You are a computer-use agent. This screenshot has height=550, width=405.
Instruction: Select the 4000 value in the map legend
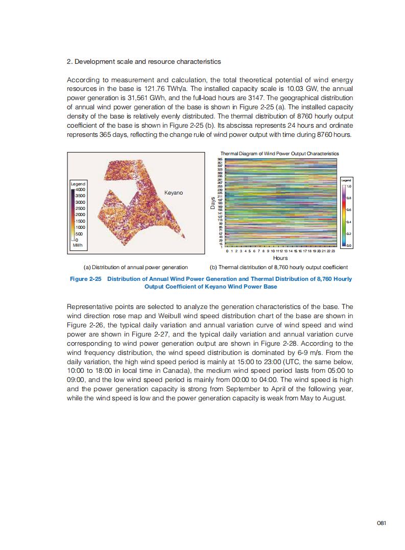pos(80,189)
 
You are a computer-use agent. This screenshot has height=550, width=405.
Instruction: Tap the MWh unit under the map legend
pos(78,246)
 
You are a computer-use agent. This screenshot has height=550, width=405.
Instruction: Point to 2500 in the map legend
pos(80,208)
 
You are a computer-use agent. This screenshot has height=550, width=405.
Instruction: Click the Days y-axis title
pos(212,203)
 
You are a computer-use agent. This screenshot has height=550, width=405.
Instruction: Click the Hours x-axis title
pos(280,258)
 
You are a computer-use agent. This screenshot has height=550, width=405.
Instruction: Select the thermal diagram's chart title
pos(279,153)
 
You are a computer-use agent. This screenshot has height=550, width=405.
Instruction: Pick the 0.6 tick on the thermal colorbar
pos(349,210)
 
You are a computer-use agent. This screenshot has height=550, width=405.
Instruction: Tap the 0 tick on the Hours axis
pos(226,252)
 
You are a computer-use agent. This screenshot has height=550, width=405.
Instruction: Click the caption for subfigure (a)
pos(135,267)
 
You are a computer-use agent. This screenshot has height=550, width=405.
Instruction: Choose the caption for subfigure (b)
pos(279,267)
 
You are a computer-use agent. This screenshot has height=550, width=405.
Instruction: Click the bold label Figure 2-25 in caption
pos(85,279)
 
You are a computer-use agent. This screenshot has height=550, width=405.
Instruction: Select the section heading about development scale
pos(144,61)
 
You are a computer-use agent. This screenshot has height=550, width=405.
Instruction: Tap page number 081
pos(381,522)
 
